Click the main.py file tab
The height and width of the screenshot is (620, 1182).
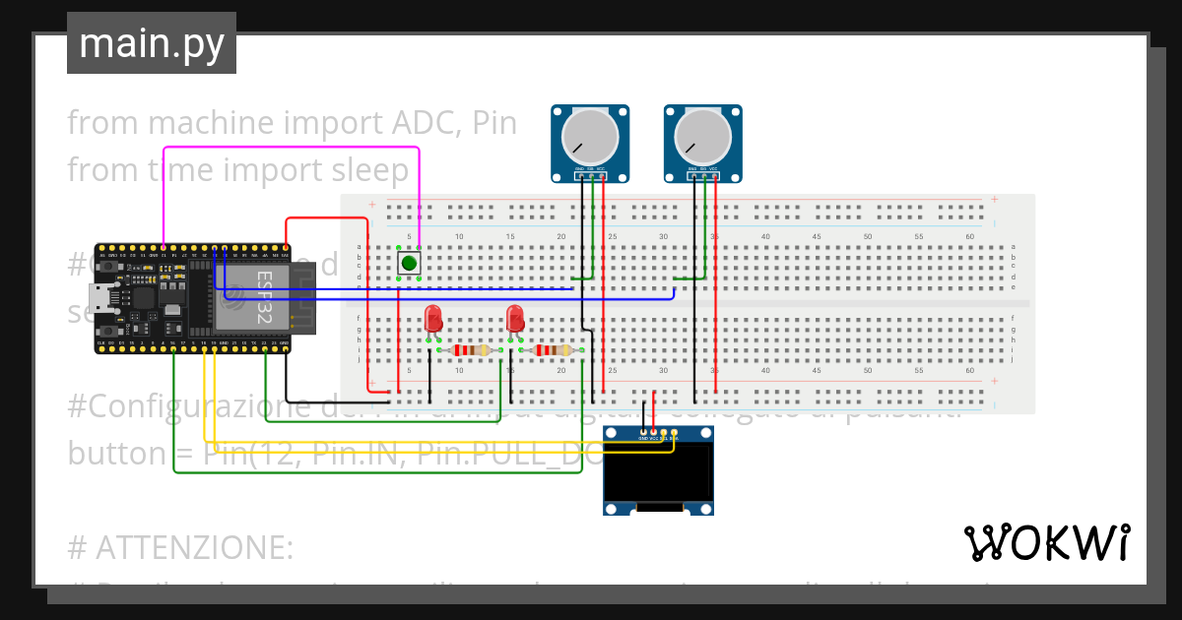pos(151,43)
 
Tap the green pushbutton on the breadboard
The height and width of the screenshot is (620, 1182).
pos(409,263)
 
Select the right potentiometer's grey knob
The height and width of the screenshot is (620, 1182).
pos(703,137)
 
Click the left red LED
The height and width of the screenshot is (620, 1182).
pos(432,319)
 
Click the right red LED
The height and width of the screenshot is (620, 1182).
pos(514,319)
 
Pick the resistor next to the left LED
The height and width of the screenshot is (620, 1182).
pos(471,350)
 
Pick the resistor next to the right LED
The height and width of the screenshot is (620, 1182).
pos(552,350)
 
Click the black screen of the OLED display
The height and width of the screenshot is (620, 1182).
pos(658,471)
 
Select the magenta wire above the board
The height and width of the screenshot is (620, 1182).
pos(295,149)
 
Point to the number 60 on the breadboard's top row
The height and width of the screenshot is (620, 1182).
pos(969,237)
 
